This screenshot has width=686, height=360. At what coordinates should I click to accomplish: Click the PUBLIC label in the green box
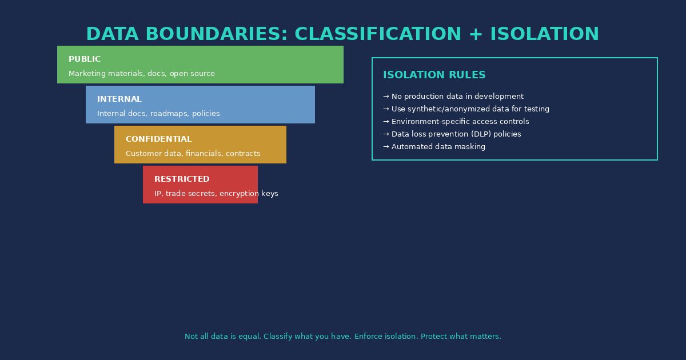click(85, 59)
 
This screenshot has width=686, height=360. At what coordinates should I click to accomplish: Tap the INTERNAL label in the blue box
click(119, 99)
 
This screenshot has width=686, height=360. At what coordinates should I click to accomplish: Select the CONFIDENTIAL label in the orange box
click(159, 139)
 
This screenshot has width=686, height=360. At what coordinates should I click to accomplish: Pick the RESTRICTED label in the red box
click(182, 179)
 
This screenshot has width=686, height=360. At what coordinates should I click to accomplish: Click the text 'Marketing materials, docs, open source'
click(142, 74)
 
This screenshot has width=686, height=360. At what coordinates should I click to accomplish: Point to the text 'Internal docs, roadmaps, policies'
click(158, 114)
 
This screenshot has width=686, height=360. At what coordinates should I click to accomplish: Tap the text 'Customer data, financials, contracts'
click(193, 154)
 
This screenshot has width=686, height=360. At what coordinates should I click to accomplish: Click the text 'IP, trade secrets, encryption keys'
click(216, 194)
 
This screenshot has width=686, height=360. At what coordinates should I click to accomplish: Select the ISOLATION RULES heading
click(434, 75)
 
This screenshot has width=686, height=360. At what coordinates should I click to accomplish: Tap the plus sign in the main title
click(476, 35)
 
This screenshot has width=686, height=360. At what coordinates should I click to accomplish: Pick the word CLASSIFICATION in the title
click(378, 35)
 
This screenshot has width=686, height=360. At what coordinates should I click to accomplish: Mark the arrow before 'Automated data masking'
click(386, 147)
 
